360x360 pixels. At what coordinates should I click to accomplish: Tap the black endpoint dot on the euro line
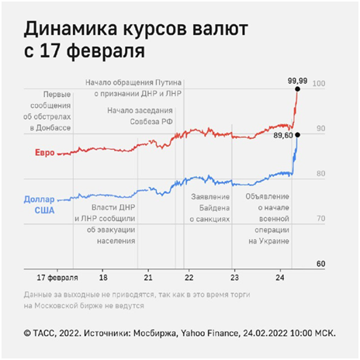click(297, 89)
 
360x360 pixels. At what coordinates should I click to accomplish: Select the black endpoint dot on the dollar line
click(297, 135)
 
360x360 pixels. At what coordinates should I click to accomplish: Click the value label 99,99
click(297, 81)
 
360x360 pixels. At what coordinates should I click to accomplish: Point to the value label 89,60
click(283, 135)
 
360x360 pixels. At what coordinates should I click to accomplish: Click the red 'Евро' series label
click(45, 153)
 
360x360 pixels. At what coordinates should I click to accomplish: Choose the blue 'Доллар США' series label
click(40, 205)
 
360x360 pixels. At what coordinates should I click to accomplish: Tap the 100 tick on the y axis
click(319, 84)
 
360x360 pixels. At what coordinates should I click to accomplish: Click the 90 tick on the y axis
click(320, 129)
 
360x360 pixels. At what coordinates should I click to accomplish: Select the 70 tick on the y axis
click(320, 219)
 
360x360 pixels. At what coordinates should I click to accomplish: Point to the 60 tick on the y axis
click(320, 264)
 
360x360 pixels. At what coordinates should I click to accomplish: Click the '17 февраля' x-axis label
click(57, 278)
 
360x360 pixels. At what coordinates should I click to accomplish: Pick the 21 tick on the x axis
click(148, 278)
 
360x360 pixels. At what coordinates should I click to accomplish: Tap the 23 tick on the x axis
click(234, 278)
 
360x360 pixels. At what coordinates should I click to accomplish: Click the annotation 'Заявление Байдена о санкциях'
click(209, 208)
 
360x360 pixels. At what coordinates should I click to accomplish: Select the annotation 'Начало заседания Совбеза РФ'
click(140, 116)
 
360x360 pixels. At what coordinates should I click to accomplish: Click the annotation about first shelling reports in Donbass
click(47, 111)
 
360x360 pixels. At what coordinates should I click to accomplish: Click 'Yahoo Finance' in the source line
click(209, 333)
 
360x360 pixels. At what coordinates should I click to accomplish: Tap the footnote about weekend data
click(137, 300)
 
